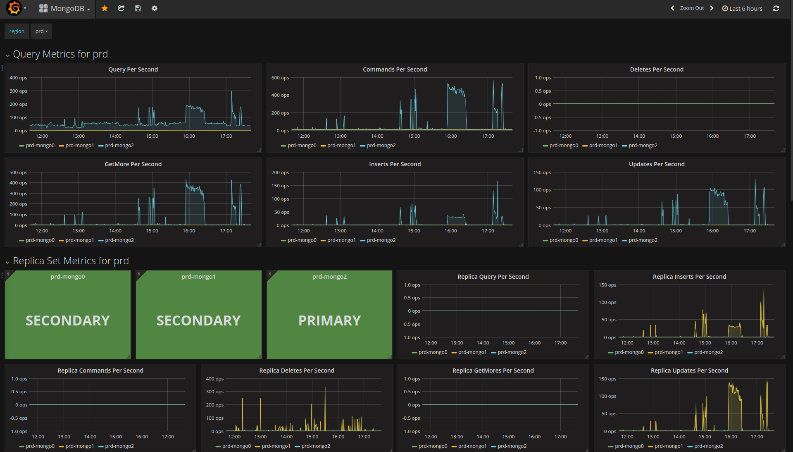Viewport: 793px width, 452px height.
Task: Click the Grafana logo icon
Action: pos(14,8)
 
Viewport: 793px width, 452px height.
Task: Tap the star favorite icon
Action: pos(105,8)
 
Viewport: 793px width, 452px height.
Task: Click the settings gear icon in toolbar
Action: pos(155,8)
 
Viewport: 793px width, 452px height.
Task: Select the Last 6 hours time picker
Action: pos(742,9)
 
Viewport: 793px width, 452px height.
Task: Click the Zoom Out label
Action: pos(692,8)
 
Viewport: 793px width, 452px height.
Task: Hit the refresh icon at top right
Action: pos(776,8)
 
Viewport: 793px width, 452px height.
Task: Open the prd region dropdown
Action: pos(41,31)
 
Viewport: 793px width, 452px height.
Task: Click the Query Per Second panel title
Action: pos(133,69)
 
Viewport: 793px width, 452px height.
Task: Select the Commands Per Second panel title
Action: pos(395,69)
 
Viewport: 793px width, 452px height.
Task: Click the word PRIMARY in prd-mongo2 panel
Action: pos(329,320)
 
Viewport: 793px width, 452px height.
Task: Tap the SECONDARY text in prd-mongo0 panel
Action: pos(68,320)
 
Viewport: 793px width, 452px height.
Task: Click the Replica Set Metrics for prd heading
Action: pos(71,261)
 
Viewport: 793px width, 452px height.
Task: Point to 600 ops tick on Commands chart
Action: pos(280,78)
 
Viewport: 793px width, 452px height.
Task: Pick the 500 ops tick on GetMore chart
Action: pos(19,172)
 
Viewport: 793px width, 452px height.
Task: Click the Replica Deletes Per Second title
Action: pos(297,371)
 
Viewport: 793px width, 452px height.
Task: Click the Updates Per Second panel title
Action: pos(657,164)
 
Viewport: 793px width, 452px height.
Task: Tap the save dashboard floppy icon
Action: pos(138,8)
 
